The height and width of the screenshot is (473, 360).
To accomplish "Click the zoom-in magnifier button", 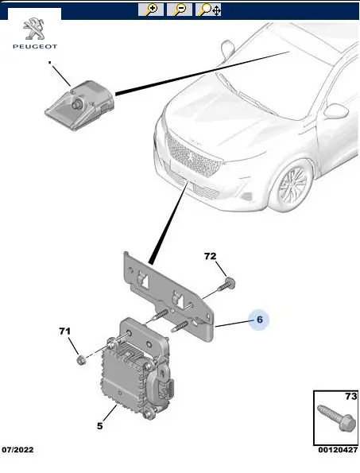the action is coord(151,10).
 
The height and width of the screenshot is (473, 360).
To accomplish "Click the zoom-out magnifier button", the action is coord(180,10).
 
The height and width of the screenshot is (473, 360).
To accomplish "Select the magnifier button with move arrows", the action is coord(208,10).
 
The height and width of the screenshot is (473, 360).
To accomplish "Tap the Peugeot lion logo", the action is coord(34,29).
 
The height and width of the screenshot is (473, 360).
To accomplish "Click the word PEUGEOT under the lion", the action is coord(35,46).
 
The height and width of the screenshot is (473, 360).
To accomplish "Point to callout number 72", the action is coord(210,256).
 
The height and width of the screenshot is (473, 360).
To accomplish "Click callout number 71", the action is coord(64,331).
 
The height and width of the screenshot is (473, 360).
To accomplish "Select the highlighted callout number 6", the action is coord(260,319).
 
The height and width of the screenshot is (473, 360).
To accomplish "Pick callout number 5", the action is coord(100,426).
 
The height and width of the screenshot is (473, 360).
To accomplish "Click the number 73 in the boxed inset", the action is coord(350,396).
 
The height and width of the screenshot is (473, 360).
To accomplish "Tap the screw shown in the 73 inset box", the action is coord(337,417).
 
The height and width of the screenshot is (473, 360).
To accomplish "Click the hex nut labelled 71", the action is coord(81,359).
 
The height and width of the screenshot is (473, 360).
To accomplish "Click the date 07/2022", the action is coord(17,450).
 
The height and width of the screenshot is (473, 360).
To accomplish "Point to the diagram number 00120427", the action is coord(338,450).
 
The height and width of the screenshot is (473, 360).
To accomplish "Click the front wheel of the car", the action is coord(291,185).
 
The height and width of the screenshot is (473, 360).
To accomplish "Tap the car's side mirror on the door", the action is coord(335,110).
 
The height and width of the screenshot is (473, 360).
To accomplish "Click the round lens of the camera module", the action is coord(77,104).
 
